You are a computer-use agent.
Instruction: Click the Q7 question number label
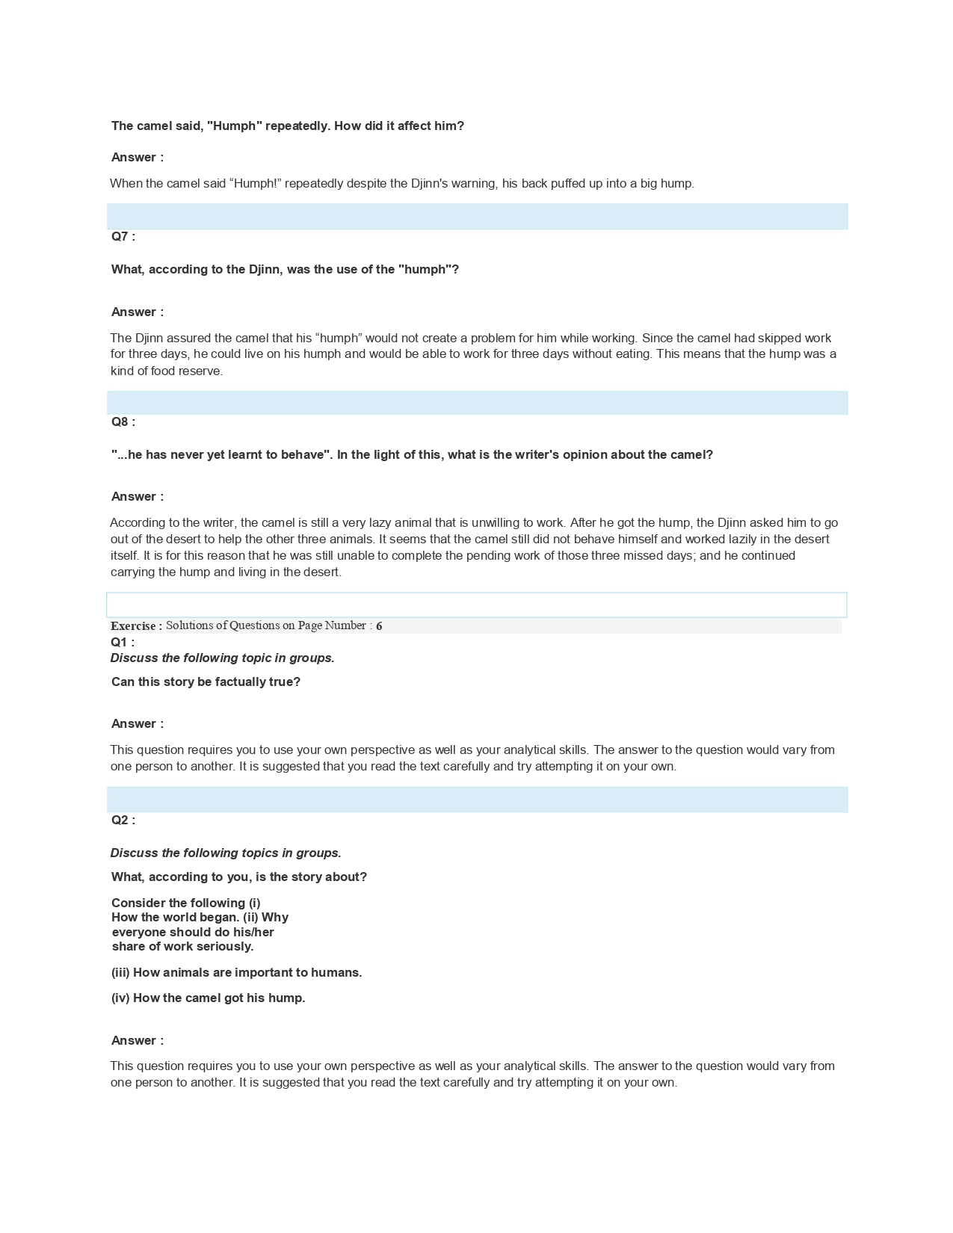point(123,237)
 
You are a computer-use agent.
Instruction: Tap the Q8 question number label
point(123,422)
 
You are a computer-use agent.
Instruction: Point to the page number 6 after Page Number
point(379,626)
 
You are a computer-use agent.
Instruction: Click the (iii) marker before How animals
point(120,973)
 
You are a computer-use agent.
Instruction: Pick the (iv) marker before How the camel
point(120,998)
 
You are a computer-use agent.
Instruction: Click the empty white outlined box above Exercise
point(476,605)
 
